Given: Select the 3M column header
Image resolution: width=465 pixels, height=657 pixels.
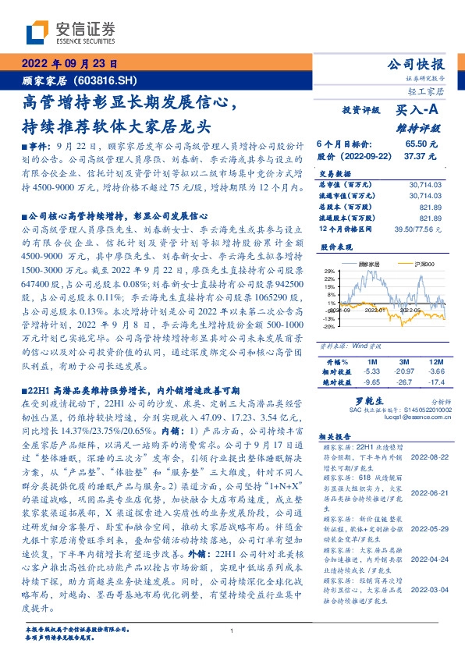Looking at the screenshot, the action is pos(403,363).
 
